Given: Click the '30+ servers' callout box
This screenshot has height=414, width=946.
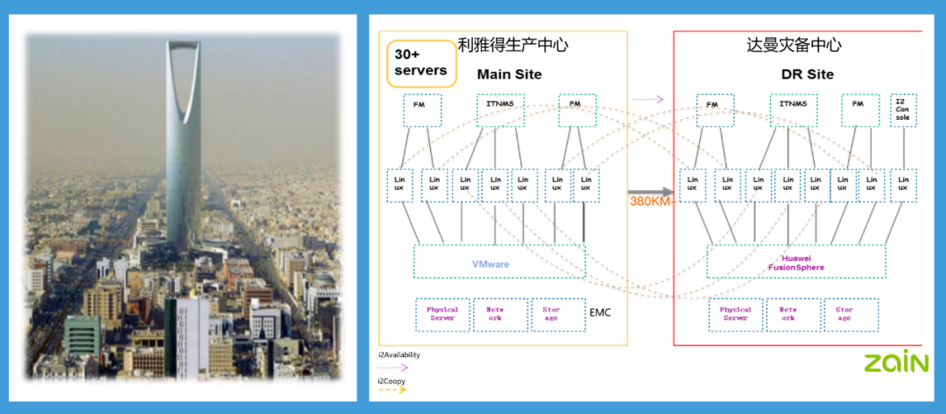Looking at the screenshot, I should click(x=420, y=62).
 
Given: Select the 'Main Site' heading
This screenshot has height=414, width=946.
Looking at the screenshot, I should click(x=509, y=74).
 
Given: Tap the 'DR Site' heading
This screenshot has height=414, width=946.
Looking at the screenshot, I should click(x=807, y=74).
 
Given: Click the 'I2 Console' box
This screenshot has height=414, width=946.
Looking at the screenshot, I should click(x=902, y=111).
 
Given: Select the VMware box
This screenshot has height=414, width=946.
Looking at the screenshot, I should click(x=498, y=262).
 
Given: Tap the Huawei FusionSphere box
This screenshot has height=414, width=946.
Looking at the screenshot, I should click(x=795, y=262).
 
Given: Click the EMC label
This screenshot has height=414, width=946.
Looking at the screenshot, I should click(x=600, y=312).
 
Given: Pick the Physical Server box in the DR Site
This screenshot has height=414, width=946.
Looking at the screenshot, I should click(x=735, y=314).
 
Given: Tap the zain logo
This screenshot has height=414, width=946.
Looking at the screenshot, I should click(x=895, y=361).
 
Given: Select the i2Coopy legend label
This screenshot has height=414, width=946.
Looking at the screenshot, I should click(x=392, y=381).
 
